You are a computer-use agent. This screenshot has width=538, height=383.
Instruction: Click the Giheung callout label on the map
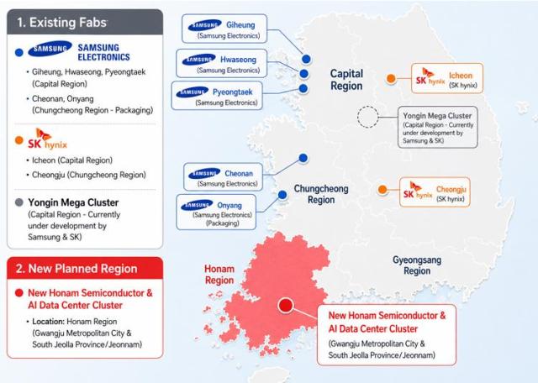[x=224, y=29]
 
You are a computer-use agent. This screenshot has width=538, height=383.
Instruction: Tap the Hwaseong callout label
[x=222, y=64]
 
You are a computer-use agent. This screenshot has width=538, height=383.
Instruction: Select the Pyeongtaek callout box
[x=217, y=96]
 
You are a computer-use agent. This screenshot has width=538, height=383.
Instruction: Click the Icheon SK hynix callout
[x=447, y=78]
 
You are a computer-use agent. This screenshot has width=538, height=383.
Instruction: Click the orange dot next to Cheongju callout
[x=382, y=189]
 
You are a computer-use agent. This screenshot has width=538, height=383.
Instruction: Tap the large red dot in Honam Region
[x=286, y=305]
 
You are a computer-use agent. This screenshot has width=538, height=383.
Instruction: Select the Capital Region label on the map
[x=346, y=80]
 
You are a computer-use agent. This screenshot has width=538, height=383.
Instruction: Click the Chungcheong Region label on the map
[x=321, y=194]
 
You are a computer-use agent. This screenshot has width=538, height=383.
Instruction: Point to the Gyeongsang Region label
[x=417, y=265]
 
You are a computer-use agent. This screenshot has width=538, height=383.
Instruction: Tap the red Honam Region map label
[x=219, y=275]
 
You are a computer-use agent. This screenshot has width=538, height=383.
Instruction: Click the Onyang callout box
[x=216, y=212]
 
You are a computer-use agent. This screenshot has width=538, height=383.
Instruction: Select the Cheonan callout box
[x=223, y=177]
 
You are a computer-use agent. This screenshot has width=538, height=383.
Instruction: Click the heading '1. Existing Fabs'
[x=61, y=23]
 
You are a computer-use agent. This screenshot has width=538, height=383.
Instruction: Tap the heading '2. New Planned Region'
[x=76, y=269]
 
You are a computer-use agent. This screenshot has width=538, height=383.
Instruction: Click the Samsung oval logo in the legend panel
[x=50, y=49]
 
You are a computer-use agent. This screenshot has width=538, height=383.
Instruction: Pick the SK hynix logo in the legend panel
[x=47, y=139]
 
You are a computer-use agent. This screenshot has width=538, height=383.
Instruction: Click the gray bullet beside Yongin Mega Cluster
[x=19, y=202]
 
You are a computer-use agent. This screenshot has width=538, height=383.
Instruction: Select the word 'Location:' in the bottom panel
[x=49, y=322]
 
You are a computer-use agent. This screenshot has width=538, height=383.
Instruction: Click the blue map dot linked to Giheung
[x=306, y=59]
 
